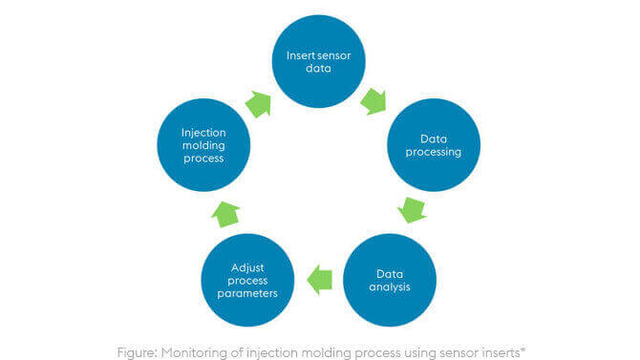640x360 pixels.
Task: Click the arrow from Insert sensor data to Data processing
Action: point(374,99)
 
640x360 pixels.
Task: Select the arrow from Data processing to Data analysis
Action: point(412,207)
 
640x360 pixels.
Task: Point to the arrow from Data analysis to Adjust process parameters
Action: point(319,278)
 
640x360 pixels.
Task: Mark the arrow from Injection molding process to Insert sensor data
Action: point(259,103)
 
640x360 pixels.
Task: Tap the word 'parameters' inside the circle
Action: point(248,293)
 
